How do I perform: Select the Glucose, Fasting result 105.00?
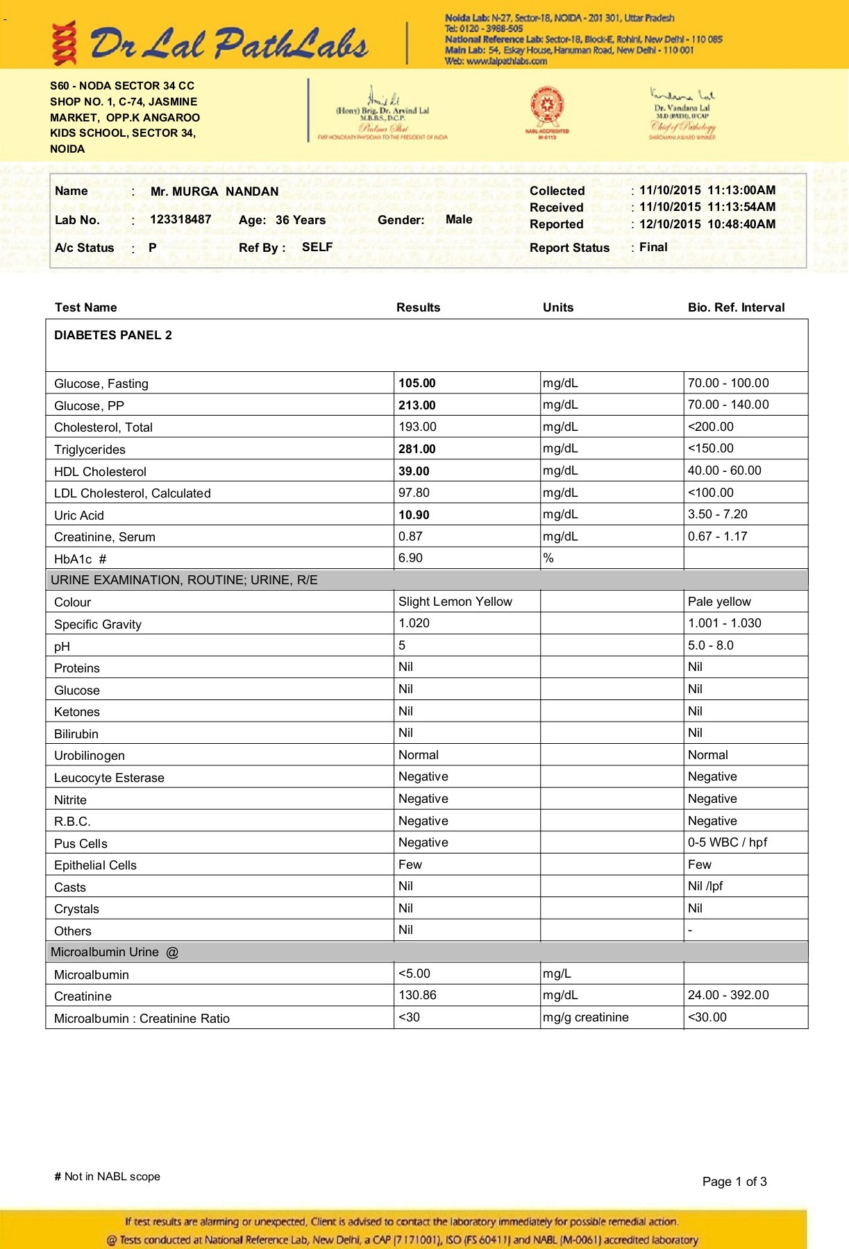coord(417,383)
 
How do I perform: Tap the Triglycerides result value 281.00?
coord(417,449)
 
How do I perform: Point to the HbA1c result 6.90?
coord(410,558)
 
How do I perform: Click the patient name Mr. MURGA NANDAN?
coord(214,192)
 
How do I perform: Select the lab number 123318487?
coord(180,219)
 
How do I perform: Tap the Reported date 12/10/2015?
coord(670,224)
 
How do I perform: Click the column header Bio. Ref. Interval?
coord(736,307)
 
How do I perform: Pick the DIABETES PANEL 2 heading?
coord(113,335)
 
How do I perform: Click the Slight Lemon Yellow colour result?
coord(455,602)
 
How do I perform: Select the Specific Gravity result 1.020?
coord(414,623)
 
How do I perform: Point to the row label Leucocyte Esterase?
coord(109,778)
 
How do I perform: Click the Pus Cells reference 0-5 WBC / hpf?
coord(727,842)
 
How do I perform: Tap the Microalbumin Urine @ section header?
coord(115,952)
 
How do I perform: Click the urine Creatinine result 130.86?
coord(417,995)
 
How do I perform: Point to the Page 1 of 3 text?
coord(734,1182)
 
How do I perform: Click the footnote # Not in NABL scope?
coord(107,1177)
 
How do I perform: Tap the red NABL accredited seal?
coord(547,108)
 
